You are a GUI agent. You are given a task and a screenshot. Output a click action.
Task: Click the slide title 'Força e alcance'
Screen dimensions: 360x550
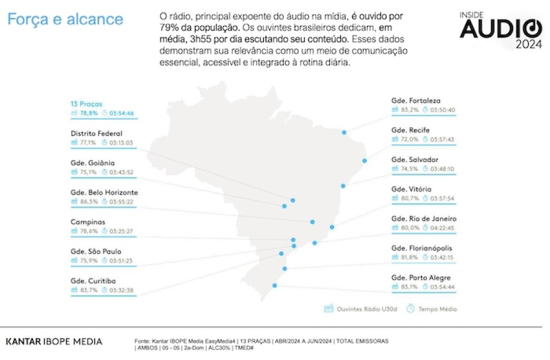click(65, 19)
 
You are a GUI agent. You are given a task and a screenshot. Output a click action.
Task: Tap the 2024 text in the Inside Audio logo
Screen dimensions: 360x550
click(529, 45)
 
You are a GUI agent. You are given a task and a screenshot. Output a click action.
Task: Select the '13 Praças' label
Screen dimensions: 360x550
click(86, 103)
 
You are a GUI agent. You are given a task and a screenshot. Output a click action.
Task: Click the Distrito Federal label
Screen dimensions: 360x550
click(96, 133)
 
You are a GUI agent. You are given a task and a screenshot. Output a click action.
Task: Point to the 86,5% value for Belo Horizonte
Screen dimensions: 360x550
click(88, 201)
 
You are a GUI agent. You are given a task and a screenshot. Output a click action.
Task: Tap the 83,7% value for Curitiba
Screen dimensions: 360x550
click(88, 290)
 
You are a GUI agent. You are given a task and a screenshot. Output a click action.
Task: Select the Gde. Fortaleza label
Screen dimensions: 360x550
click(416, 101)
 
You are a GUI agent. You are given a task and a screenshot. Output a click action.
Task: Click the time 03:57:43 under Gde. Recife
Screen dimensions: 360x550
click(442, 139)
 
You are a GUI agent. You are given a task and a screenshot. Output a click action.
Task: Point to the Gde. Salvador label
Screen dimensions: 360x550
click(415, 160)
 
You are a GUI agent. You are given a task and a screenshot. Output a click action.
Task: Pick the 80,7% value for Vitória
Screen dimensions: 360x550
click(409, 198)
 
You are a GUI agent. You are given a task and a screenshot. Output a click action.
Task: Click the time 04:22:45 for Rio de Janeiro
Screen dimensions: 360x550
click(442, 228)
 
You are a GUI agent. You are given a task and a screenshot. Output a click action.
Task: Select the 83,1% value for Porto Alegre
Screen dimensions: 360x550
click(409, 287)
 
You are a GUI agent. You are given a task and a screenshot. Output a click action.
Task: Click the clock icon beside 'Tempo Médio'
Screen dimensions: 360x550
click(410, 309)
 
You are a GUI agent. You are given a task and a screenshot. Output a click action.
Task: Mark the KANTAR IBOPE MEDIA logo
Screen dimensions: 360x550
click(54, 342)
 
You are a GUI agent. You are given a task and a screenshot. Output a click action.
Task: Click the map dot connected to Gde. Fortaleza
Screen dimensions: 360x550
click(344, 133)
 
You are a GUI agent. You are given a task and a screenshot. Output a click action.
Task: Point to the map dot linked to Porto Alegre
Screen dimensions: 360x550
click(274, 285)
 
